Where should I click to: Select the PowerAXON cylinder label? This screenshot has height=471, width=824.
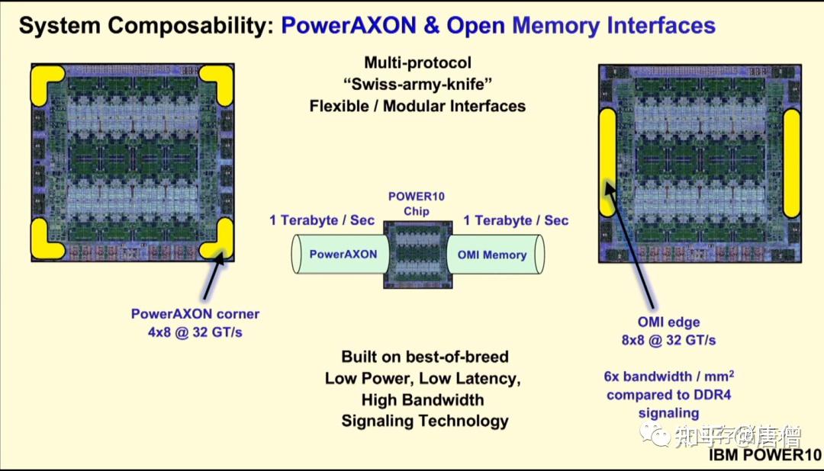coord(343,255)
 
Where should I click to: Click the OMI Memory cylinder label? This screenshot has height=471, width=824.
coord(492,255)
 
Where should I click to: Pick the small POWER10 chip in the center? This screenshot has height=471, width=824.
coord(418,254)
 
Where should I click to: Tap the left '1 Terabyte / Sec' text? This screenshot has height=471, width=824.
coord(322,220)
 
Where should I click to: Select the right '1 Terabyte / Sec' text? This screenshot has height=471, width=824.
coord(517,220)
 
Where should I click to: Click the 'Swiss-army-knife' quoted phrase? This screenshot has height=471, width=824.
coord(417,84)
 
